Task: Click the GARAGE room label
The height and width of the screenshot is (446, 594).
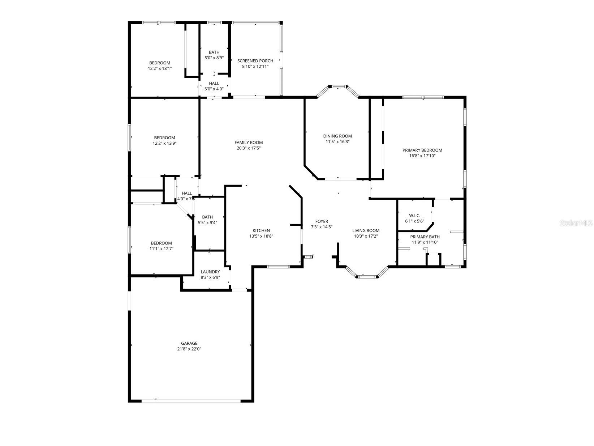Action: point(189,343)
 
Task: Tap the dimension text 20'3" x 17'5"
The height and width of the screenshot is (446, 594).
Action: point(248,148)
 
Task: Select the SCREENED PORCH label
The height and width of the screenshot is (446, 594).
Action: point(255,61)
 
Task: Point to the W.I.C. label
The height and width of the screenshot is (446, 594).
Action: point(414,216)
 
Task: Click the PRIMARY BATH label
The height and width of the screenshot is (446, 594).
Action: point(425,237)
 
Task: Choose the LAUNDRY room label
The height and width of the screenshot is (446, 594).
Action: point(210,272)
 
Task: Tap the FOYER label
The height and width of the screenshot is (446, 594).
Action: point(322,221)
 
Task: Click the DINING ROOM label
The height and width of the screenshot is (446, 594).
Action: point(337,136)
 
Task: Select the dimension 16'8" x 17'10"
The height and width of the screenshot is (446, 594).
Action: point(422,156)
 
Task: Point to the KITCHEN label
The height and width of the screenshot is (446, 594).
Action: point(261,230)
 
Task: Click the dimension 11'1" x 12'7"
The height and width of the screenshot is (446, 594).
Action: point(161,249)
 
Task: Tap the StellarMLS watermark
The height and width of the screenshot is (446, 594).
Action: point(576,223)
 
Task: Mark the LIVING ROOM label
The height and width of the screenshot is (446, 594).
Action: point(366,230)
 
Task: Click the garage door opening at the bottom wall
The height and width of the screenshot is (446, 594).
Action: point(191,400)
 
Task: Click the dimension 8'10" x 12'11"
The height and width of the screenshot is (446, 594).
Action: point(255,67)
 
